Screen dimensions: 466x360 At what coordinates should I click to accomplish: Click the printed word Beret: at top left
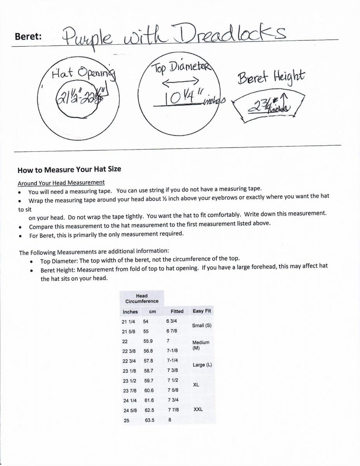coord(28,37)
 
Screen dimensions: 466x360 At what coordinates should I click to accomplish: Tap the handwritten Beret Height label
coord(271,76)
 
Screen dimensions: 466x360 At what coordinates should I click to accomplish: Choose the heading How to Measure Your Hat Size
coord(69,169)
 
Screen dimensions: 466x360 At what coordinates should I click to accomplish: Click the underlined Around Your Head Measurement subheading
coord(61,183)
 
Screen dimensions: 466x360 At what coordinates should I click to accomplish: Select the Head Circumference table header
coord(142,299)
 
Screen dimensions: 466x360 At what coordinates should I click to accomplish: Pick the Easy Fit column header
coord(202,311)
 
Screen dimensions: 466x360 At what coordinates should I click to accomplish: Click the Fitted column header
coord(177,311)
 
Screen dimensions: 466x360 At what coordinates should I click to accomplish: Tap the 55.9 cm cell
coord(148,341)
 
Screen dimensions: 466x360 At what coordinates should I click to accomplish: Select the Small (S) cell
coord(202,325)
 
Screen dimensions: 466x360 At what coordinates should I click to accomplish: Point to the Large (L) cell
coord(202,365)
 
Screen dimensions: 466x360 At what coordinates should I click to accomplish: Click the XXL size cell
coord(198,409)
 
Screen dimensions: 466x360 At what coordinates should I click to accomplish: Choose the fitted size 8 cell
coord(170,420)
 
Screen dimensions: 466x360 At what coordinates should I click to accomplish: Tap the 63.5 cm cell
coord(150,420)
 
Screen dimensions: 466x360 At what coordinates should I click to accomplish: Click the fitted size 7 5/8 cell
coord(173,390)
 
